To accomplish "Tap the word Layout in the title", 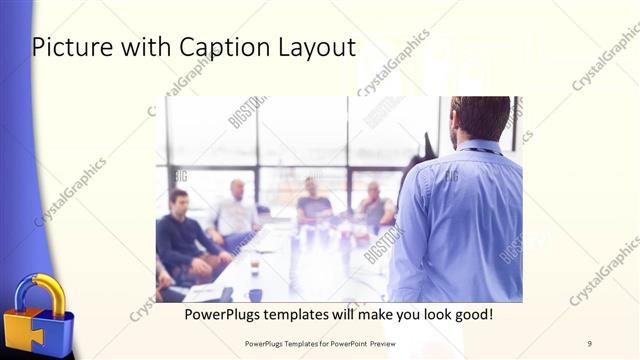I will pos(312,47).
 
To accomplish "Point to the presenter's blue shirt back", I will pos(460,220).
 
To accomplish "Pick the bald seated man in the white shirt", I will pos(236,212).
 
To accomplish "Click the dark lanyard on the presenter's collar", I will pos(480,152).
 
